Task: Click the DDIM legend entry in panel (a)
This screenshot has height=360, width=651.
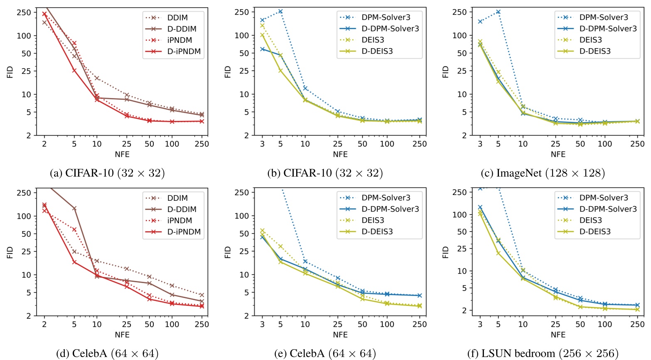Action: [x=177, y=17]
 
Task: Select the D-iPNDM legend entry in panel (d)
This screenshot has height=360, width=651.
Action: [x=184, y=232]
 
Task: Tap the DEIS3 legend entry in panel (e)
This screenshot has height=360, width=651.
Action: [x=373, y=220]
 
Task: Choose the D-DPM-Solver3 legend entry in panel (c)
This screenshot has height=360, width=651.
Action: [x=608, y=29]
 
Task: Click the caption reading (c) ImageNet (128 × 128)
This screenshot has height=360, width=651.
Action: [x=543, y=173]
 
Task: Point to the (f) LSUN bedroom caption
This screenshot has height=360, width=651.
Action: [x=543, y=353]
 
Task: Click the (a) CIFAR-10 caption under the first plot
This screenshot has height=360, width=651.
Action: [x=107, y=173]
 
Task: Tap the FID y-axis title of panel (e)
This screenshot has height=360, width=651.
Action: [x=228, y=252]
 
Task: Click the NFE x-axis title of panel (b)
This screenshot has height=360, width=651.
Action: [x=340, y=154]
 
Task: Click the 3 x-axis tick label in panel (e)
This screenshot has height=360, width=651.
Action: [x=262, y=325]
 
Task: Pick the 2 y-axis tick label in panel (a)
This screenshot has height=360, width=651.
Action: [x=29, y=136]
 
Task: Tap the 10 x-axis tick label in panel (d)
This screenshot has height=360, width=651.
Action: [x=97, y=325]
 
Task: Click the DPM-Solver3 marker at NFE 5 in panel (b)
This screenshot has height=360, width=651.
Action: [x=280, y=11]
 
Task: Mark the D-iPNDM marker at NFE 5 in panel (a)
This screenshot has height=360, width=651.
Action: [x=74, y=70]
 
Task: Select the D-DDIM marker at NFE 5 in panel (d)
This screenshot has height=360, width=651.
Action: [x=74, y=208]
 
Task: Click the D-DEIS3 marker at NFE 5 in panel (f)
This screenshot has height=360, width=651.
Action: [x=498, y=253]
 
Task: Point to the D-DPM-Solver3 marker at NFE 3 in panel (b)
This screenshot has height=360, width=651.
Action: [x=262, y=49]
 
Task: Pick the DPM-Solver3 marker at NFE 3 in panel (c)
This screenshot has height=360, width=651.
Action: [x=480, y=22]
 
